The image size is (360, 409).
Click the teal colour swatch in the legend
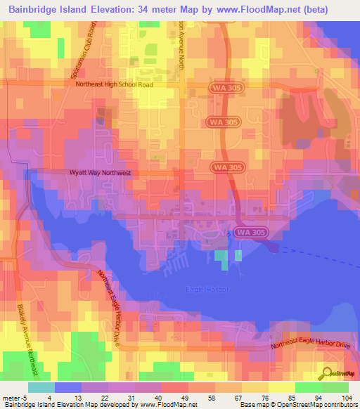coord(41,387)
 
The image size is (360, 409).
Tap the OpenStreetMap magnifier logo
coord(326,373)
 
